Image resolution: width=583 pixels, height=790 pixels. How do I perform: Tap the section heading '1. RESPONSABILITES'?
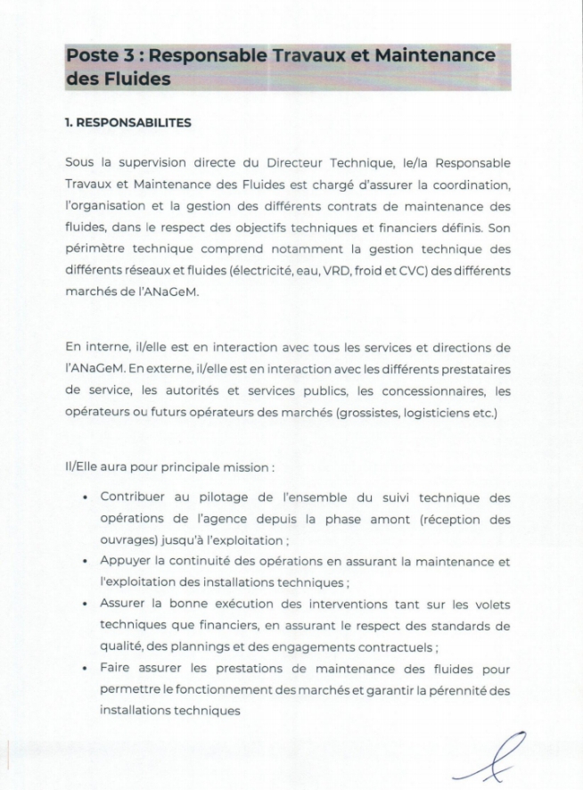[127, 123]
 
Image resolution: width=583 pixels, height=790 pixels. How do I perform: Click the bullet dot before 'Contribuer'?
[84, 498]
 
